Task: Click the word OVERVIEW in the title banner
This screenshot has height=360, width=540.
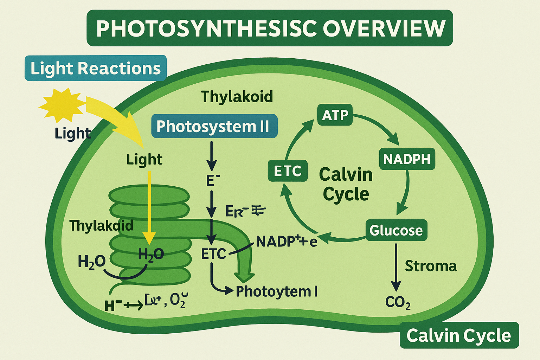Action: tap(384, 28)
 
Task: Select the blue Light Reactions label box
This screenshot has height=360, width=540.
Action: tap(95, 68)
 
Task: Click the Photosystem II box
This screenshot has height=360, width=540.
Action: tap(214, 126)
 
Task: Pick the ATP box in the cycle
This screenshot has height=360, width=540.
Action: tap(335, 115)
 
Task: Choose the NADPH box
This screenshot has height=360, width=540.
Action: tap(407, 159)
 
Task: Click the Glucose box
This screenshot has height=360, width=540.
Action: tap(396, 230)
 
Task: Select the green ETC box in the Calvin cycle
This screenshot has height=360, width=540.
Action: tap(288, 171)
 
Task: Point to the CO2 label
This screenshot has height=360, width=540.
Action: tap(398, 302)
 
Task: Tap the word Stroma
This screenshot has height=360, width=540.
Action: tap(431, 266)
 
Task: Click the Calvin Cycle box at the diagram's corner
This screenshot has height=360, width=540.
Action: tap(459, 335)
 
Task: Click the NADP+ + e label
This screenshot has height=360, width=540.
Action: tap(286, 241)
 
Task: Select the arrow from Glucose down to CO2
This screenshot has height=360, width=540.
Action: tap(396, 267)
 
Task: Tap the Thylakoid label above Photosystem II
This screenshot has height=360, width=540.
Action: tap(237, 97)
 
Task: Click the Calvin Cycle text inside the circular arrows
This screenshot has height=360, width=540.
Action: tap(346, 184)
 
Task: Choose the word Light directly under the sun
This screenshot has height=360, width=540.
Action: tap(72, 134)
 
